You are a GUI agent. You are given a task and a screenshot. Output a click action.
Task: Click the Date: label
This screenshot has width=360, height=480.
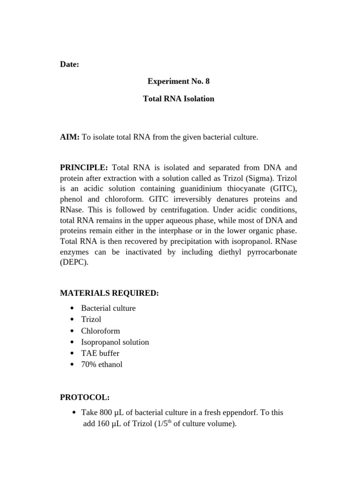[69, 65]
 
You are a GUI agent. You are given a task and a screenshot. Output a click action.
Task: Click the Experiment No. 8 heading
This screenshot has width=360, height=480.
[179, 82]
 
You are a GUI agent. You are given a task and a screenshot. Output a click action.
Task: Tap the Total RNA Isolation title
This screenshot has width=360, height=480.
[179, 99]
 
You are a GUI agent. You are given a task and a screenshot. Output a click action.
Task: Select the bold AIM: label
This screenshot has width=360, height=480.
[70, 137]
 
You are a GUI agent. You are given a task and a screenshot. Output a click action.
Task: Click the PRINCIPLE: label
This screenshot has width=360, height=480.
[84, 168]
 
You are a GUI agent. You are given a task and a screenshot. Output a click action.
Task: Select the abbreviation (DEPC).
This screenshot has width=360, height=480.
[74, 263]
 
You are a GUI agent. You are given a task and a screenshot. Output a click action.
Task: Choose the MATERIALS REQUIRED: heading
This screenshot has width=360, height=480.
[109, 293]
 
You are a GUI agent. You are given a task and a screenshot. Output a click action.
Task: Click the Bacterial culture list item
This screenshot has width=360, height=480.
[108, 308]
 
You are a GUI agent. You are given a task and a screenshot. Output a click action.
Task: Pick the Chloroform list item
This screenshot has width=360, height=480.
[100, 331]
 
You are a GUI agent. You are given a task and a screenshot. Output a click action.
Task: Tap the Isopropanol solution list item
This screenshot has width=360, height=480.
[115, 342]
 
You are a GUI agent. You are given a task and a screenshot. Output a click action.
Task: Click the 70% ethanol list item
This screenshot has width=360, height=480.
[102, 365]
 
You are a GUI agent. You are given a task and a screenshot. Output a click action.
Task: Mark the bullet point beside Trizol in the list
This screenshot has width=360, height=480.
[72, 320]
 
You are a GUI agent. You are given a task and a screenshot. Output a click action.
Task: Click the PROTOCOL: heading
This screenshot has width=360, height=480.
[85, 397]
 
